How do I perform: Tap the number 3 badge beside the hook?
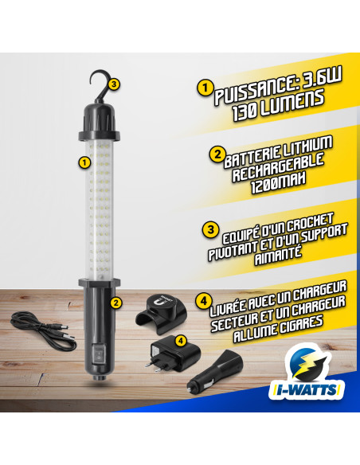point(115,83)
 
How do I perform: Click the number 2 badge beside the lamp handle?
point(115,302)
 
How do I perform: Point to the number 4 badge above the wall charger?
point(180,340)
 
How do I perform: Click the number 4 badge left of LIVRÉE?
point(204,302)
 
